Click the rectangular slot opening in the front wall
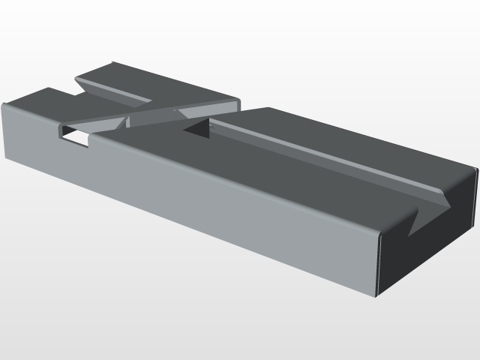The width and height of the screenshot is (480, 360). click(74, 136)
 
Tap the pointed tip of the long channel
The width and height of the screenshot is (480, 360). click(449, 202)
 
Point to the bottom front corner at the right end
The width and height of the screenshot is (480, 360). click(376, 297)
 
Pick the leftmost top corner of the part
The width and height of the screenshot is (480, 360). click(3, 104)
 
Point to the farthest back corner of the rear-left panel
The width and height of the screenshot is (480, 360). click(112, 62)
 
